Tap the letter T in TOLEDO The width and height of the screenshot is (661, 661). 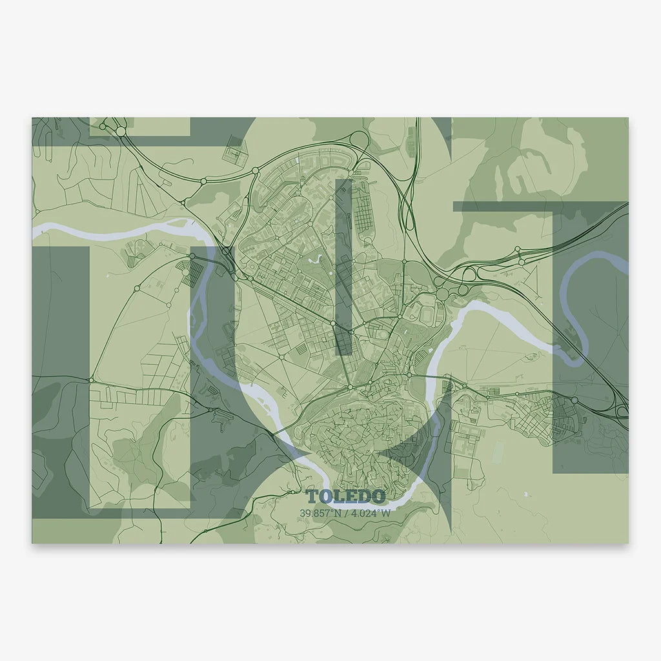point(312,496)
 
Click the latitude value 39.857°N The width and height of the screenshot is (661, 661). point(318,514)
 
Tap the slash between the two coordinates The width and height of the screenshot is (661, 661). point(345,514)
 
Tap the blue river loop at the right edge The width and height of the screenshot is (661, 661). point(584,303)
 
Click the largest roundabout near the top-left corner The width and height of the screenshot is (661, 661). point(121,131)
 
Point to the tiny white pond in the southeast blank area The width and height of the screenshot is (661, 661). point(526,494)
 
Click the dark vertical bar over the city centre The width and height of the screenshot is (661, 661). point(343,265)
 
